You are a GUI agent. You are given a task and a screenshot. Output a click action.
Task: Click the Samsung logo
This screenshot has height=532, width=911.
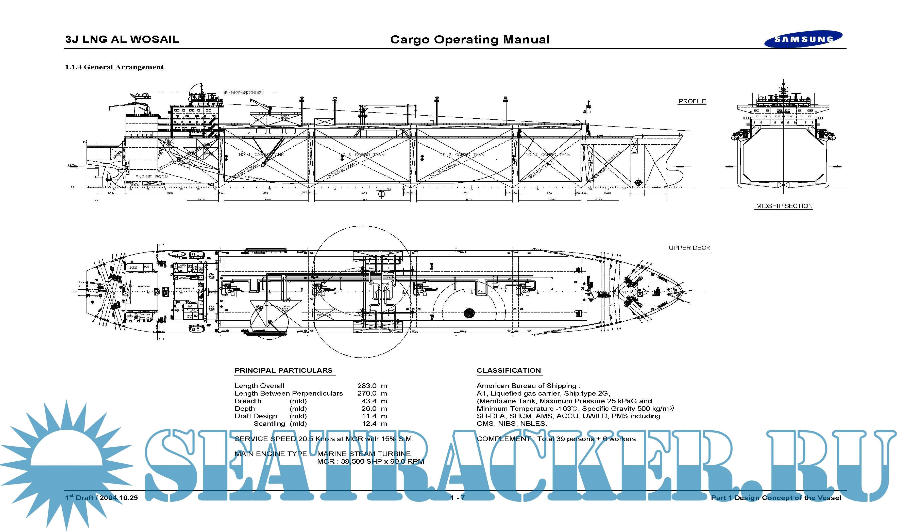pos(803,39)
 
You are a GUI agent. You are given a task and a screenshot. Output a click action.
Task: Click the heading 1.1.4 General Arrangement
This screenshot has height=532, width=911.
pos(114,67)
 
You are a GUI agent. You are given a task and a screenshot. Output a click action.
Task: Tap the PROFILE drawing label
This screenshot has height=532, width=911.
pos(692,102)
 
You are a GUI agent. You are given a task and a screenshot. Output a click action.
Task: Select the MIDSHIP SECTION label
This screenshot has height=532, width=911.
pos(784,206)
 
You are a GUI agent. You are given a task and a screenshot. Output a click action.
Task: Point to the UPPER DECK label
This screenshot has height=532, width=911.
pos(689,248)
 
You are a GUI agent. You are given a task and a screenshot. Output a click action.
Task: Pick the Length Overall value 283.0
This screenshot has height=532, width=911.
pos(367,386)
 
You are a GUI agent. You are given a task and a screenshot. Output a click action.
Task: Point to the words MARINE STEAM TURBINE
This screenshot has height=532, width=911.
pos(364,454)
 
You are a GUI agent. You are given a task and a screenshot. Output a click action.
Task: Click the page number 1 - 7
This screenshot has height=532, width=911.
pos(457,498)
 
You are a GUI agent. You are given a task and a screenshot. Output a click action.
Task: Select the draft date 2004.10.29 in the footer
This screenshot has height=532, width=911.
pos(119,498)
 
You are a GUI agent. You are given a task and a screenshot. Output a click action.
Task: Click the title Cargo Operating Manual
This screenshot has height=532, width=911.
pos(470,39)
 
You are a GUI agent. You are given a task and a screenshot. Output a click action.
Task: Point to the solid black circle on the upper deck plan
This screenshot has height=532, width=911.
pos(469,313)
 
